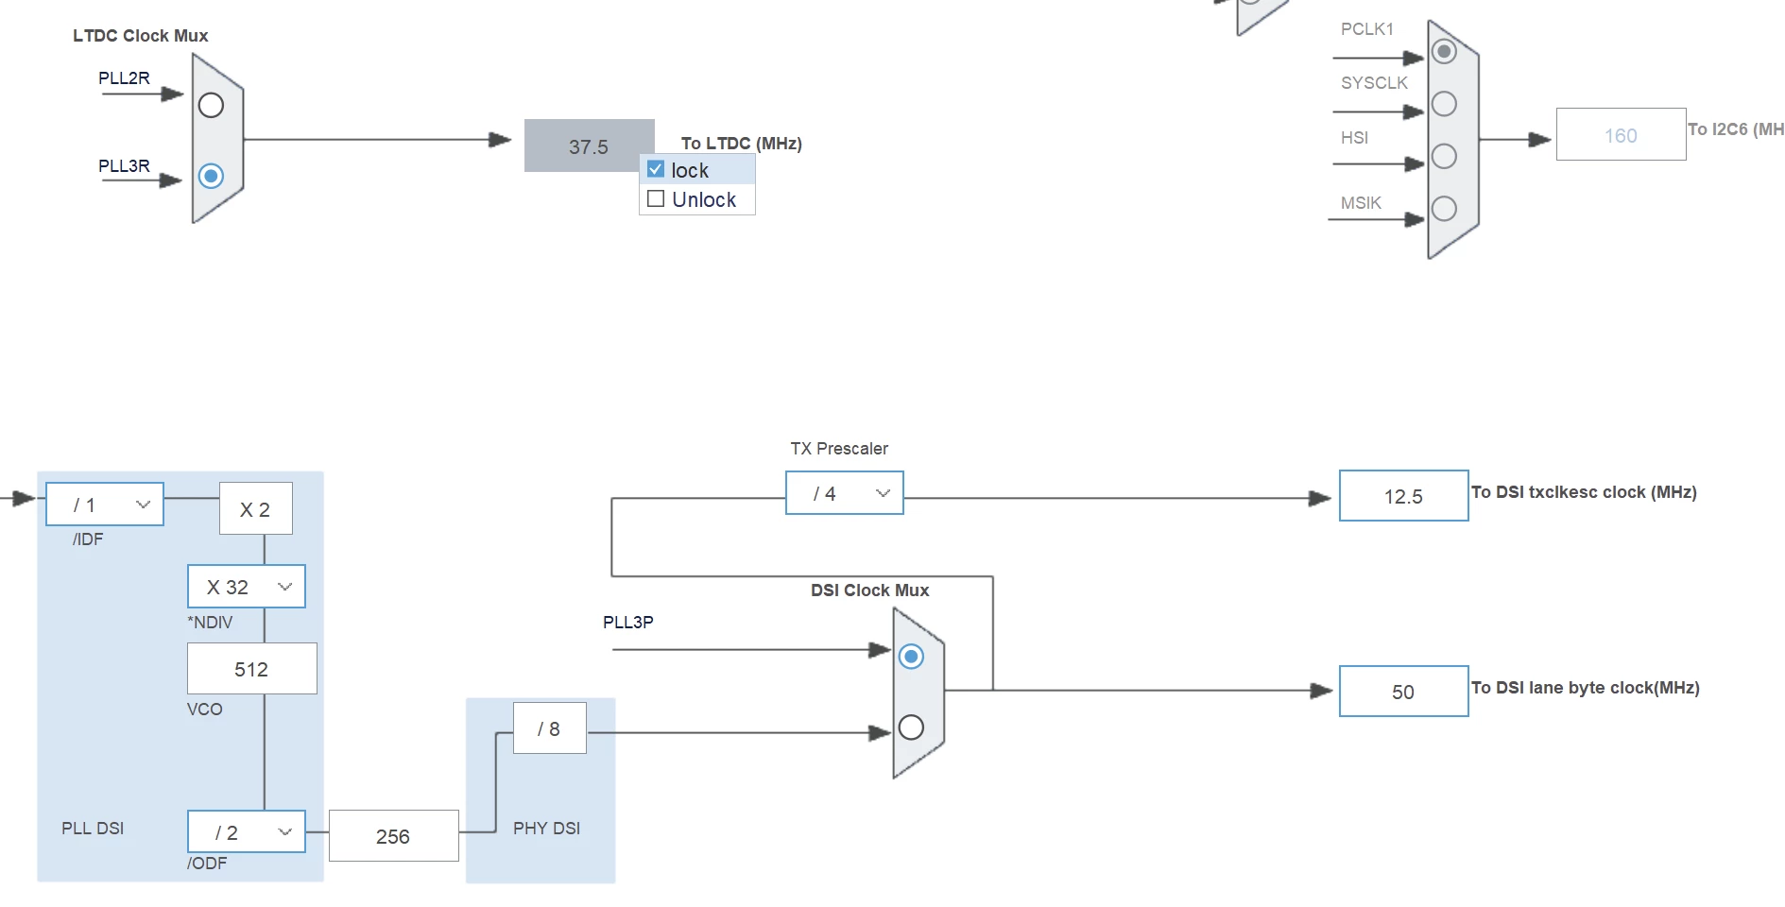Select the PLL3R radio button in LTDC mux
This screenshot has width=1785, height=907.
click(x=211, y=176)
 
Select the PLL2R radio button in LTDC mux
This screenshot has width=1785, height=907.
click(x=211, y=105)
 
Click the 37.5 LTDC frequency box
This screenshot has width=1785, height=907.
click(x=589, y=145)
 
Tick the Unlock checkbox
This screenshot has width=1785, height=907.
click(x=656, y=198)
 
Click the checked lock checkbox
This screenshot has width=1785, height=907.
click(x=656, y=169)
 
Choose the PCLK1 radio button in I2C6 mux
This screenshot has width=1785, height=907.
click(x=1444, y=51)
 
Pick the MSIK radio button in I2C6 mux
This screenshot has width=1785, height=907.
click(x=1444, y=208)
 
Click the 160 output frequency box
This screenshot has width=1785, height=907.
click(x=1621, y=134)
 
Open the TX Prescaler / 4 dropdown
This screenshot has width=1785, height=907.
click(x=844, y=493)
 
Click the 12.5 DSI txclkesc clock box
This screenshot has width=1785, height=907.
click(x=1403, y=496)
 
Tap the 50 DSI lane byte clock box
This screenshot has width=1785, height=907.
click(x=1403, y=692)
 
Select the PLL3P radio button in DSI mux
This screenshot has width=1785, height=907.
click(x=911, y=656)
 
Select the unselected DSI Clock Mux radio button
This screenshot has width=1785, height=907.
click(x=911, y=727)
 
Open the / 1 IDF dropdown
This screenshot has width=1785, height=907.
click(x=105, y=505)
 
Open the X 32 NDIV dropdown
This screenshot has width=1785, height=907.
click(x=247, y=587)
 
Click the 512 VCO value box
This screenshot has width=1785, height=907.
click(x=251, y=669)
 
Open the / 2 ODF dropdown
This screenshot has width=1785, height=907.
click(x=247, y=832)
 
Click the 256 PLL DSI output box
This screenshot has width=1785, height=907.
click(x=393, y=836)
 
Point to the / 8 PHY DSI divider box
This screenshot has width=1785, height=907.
click(x=549, y=728)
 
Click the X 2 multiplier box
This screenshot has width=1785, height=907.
click(x=255, y=509)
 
